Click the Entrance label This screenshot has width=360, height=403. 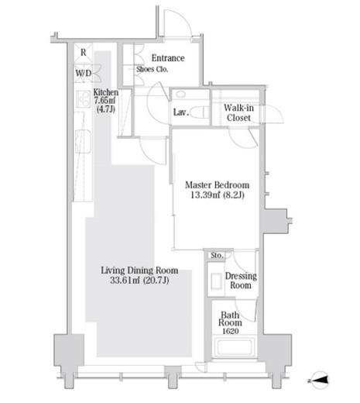pyautogui.click(x=168, y=58)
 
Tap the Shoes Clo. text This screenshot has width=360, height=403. pyautogui.click(x=152, y=69)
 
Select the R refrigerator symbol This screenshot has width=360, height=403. pyautogui.click(x=83, y=53)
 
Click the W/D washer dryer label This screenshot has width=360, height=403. pyautogui.click(x=84, y=73)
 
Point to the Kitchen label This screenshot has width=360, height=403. pyautogui.click(x=106, y=92)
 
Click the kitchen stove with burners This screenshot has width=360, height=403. pyautogui.click(x=84, y=99)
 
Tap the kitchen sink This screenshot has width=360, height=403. pyautogui.click(x=83, y=141)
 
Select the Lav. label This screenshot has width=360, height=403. pyautogui.click(x=181, y=112)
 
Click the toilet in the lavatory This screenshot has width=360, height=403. pyautogui.click(x=199, y=112)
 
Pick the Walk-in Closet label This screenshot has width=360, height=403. pyautogui.click(x=238, y=112)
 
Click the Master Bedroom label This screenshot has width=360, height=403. pyautogui.click(x=218, y=185)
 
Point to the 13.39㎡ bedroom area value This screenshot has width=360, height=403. pyautogui.click(x=205, y=195)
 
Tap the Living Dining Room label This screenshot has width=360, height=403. pyautogui.click(x=139, y=270)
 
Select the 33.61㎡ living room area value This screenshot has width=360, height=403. pyautogui.click(x=125, y=280)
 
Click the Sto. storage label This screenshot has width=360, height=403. pyautogui.click(x=217, y=256)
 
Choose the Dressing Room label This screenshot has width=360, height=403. pyautogui.click(x=241, y=281)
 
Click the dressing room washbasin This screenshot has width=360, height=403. pyautogui.click(x=216, y=281)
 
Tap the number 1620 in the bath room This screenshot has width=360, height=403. pyautogui.click(x=231, y=331)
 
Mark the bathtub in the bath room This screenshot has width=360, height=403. pyautogui.click(x=235, y=347)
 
